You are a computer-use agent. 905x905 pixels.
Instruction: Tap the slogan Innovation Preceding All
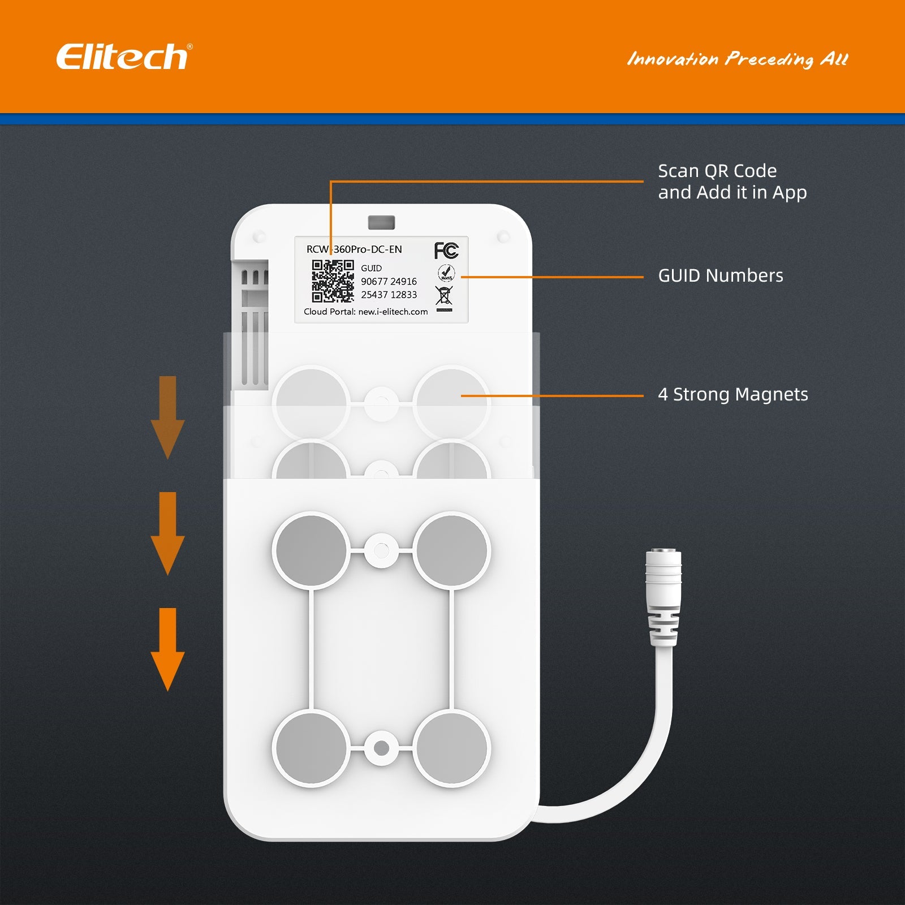[738, 59]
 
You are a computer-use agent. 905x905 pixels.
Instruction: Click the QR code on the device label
[333, 281]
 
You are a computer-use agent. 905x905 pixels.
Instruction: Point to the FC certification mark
[446, 250]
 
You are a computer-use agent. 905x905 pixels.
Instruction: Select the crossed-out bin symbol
[444, 296]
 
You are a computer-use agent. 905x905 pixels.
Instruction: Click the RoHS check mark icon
[446, 273]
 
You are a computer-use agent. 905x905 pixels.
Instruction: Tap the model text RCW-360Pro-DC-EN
[354, 249]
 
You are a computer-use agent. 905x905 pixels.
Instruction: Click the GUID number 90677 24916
[389, 281]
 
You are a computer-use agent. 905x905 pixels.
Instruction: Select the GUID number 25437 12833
[389, 295]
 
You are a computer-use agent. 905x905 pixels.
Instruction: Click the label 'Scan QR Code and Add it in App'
[732, 182]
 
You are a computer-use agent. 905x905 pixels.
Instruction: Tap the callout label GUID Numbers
[720, 275]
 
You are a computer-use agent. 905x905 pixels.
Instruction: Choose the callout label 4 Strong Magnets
[732, 394]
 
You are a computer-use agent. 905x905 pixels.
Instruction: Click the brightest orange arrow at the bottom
[167, 649]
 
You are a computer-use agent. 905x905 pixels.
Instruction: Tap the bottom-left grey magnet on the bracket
[311, 748]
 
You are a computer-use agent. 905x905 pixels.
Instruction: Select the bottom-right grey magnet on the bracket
[451, 748]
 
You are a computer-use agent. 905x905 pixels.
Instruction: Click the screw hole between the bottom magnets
[381, 748]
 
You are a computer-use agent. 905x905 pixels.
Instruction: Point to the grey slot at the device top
[381, 222]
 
